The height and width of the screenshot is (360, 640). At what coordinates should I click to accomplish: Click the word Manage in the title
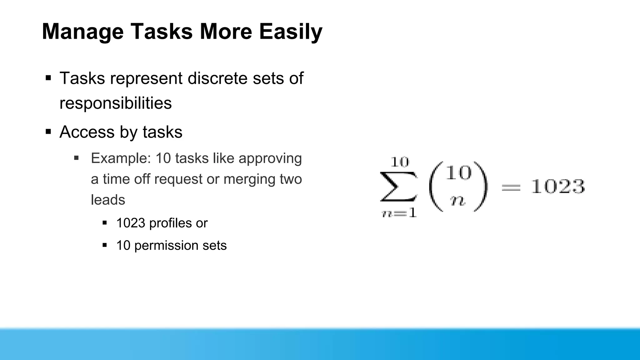82,32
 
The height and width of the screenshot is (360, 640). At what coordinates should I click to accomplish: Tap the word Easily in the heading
290,32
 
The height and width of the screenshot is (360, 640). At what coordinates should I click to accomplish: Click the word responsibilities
115,103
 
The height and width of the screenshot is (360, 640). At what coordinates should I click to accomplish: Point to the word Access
87,132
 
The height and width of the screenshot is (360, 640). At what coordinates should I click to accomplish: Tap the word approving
270,159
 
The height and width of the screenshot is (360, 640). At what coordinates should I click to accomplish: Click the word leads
108,200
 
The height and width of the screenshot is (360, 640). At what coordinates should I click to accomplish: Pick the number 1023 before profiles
131,223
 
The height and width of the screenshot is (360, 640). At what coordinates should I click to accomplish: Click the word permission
166,246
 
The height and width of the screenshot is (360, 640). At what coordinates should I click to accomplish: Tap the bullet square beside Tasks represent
48,78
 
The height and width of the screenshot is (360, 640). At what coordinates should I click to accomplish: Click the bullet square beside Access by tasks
48,132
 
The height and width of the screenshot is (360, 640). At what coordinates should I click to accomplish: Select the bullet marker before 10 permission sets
105,245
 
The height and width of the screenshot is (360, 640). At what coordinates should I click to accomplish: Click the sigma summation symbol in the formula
398,187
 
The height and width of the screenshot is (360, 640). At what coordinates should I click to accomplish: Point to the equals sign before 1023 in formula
511,187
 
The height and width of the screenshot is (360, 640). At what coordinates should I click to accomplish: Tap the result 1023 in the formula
558,187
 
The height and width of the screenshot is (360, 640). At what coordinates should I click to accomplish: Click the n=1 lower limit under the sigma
399,213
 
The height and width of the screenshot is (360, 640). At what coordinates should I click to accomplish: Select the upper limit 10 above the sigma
399,162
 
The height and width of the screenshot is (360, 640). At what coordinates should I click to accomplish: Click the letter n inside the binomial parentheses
458,201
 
